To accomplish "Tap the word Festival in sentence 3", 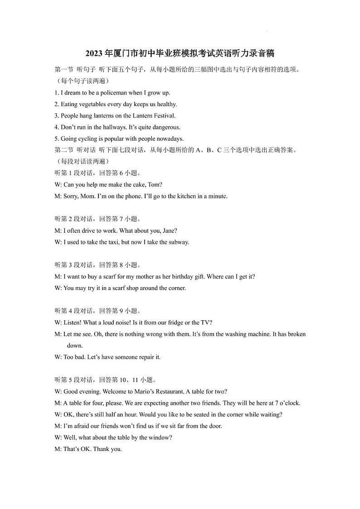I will (164, 116).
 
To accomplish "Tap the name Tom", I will (155, 185).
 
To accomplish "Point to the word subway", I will (178, 242).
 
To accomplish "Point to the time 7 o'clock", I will (288, 403).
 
